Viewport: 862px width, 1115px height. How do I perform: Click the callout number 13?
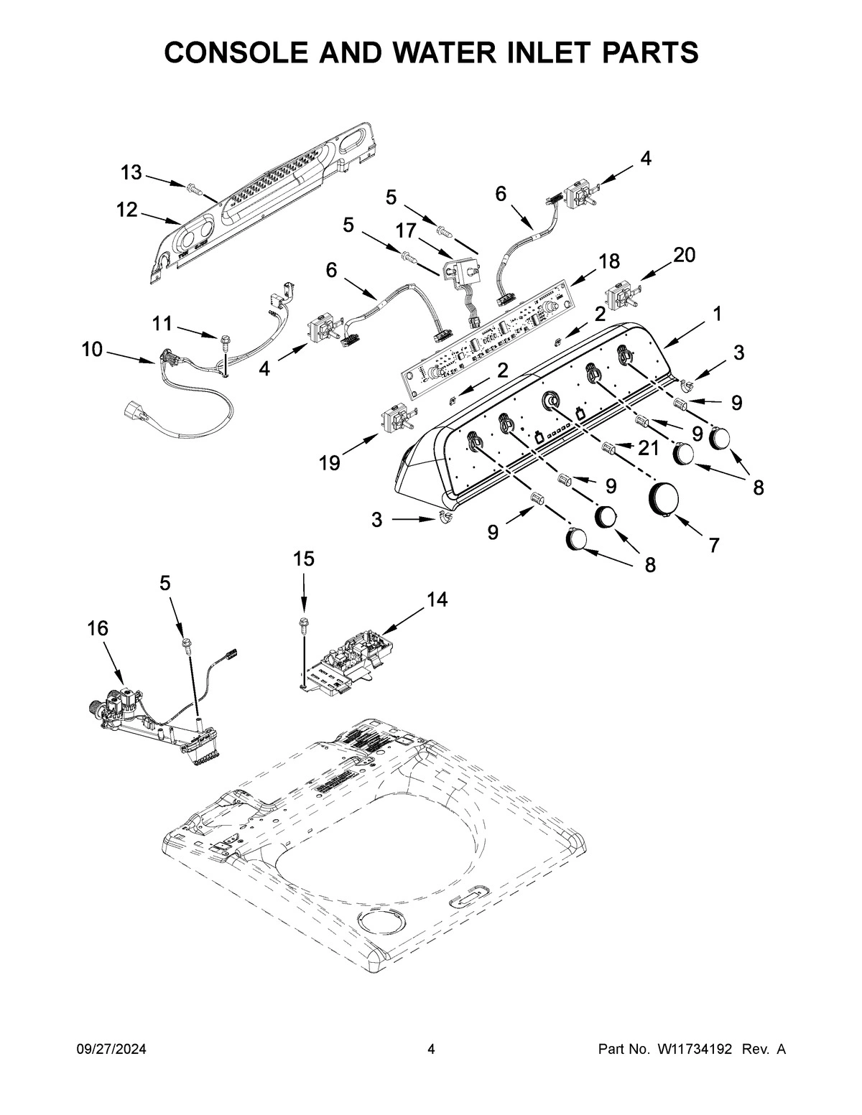coord(131,172)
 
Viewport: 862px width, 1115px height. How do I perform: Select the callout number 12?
coord(126,210)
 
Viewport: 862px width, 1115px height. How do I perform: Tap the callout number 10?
coord(92,350)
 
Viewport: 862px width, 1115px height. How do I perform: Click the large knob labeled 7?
coord(664,499)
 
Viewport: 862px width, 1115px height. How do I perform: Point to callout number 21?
coord(648,448)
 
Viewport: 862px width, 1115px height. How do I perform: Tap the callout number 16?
coord(98,628)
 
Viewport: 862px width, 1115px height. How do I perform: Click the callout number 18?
coord(609,261)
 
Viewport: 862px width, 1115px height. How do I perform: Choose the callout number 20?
coord(684,255)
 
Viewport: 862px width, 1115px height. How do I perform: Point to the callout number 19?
coord(330,464)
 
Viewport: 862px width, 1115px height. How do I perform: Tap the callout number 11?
coord(162,324)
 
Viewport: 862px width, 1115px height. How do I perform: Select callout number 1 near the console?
coord(716,313)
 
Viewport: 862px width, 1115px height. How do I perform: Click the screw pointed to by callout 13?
coord(193,188)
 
